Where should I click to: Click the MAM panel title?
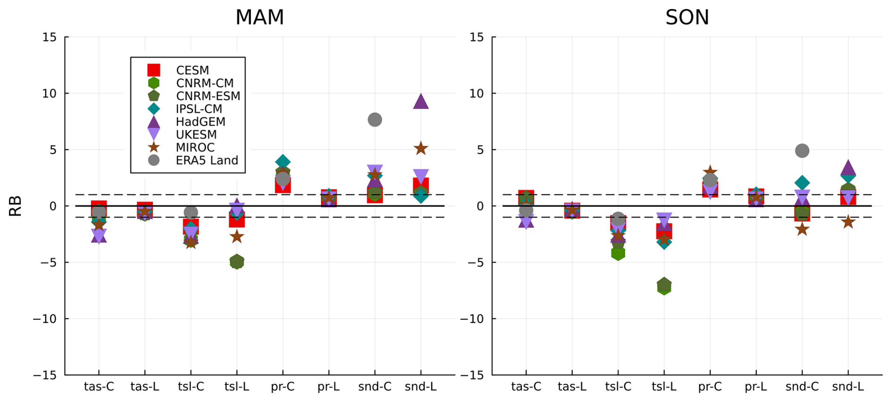point(259,17)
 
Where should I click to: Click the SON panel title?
point(687,17)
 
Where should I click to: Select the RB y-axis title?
point(16,206)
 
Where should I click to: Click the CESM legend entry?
point(192,70)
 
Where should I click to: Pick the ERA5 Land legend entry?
point(207,160)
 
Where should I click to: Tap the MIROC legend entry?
point(195,148)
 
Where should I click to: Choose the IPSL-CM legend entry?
point(199,109)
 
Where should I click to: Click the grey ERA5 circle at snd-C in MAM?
point(375,120)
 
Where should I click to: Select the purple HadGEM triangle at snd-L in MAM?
point(421,101)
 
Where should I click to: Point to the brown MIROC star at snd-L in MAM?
point(421,149)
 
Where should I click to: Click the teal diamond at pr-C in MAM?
point(283,162)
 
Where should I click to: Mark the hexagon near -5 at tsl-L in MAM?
point(237,261)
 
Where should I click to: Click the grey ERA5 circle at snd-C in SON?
point(802,151)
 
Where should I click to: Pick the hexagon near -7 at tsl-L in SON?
point(664,286)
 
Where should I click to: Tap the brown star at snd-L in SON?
point(848,222)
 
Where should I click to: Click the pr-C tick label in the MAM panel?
point(283,387)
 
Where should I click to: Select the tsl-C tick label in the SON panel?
point(618,387)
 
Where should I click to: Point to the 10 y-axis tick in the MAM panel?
point(49,93)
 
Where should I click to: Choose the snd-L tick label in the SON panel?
point(848,387)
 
